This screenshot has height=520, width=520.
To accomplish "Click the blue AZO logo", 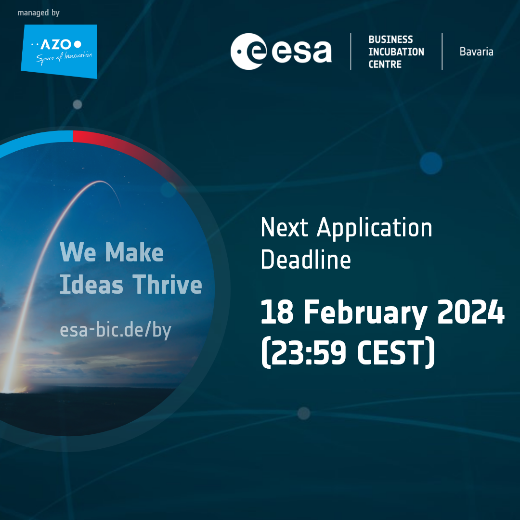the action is pyautogui.click(x=59, y=52).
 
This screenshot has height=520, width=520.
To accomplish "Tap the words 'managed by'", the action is pyautogui.click(x=39, y=13).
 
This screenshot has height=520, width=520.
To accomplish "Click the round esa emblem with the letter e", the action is pyautogui.click(x=249, y=52).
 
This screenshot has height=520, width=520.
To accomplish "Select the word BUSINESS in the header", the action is pyautogui.click(x=390, y=39).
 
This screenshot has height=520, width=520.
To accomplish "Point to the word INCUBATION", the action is pyautogui.click(x=396, y=52).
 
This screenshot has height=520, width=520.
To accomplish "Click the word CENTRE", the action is pyautogui.click(x=385, y=64).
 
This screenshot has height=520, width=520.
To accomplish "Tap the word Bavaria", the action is pyautogui.click(x=476, y=52).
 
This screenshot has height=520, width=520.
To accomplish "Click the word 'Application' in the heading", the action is pyautogui.click(x=375, y=229).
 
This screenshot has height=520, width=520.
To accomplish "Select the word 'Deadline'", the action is pyautogui.click(x=306, y=260).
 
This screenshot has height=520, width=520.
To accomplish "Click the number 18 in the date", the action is pyautogui.click(x=277, y=312).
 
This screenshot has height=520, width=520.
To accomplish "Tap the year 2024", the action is pyautogui.click(x=471, y=312).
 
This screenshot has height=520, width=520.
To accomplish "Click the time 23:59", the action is pyautogui.click(x=309, y=352).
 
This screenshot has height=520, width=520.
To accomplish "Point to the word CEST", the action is pyautogui.click(x=390, y=352).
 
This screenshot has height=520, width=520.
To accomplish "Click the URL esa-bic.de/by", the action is pyautogui.click(x=116, y=330).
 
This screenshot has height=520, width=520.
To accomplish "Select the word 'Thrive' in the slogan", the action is pyautogui.click(x=168, y=284).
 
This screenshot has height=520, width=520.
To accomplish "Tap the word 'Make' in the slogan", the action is pyautogui.click(x=134, y=252).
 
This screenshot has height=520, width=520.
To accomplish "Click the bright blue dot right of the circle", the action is pyautogui.click(x=431, y=163).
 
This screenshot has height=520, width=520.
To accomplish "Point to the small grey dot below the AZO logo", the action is pyautogui.click(x=77, y=104).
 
